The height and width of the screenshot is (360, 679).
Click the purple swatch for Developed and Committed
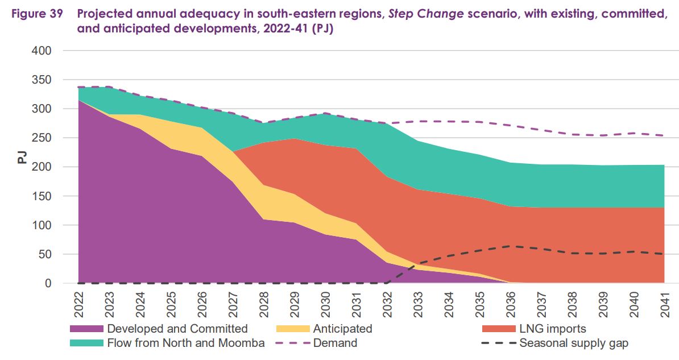point(86,329)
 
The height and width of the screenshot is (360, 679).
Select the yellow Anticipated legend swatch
point(292,329)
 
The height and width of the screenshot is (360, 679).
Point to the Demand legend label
point(335,343)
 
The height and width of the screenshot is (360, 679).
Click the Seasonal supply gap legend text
point(574,343)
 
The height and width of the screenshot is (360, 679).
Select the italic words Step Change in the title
point(426,14)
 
